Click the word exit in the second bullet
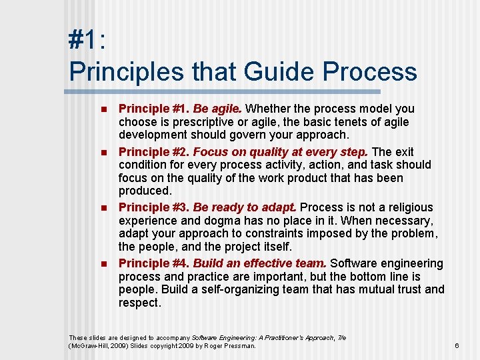click(x=403, y=151)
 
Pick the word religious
click(x=407, y=207)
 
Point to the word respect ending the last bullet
click(x=139, y=303)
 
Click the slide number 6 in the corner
click(x=457, y=345)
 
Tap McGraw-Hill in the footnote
click(x=89, y=345)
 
